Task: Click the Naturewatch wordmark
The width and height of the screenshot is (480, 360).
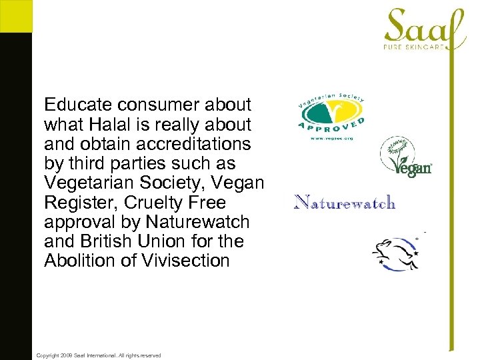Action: [345, 202]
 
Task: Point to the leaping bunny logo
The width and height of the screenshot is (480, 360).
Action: [396, 253]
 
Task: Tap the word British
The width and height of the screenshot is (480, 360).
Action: [105, 241]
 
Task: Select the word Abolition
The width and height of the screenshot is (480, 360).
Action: [79, 261]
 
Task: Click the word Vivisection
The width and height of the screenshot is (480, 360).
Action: [185, 261]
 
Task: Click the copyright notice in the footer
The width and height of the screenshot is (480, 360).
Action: [98, 355]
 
